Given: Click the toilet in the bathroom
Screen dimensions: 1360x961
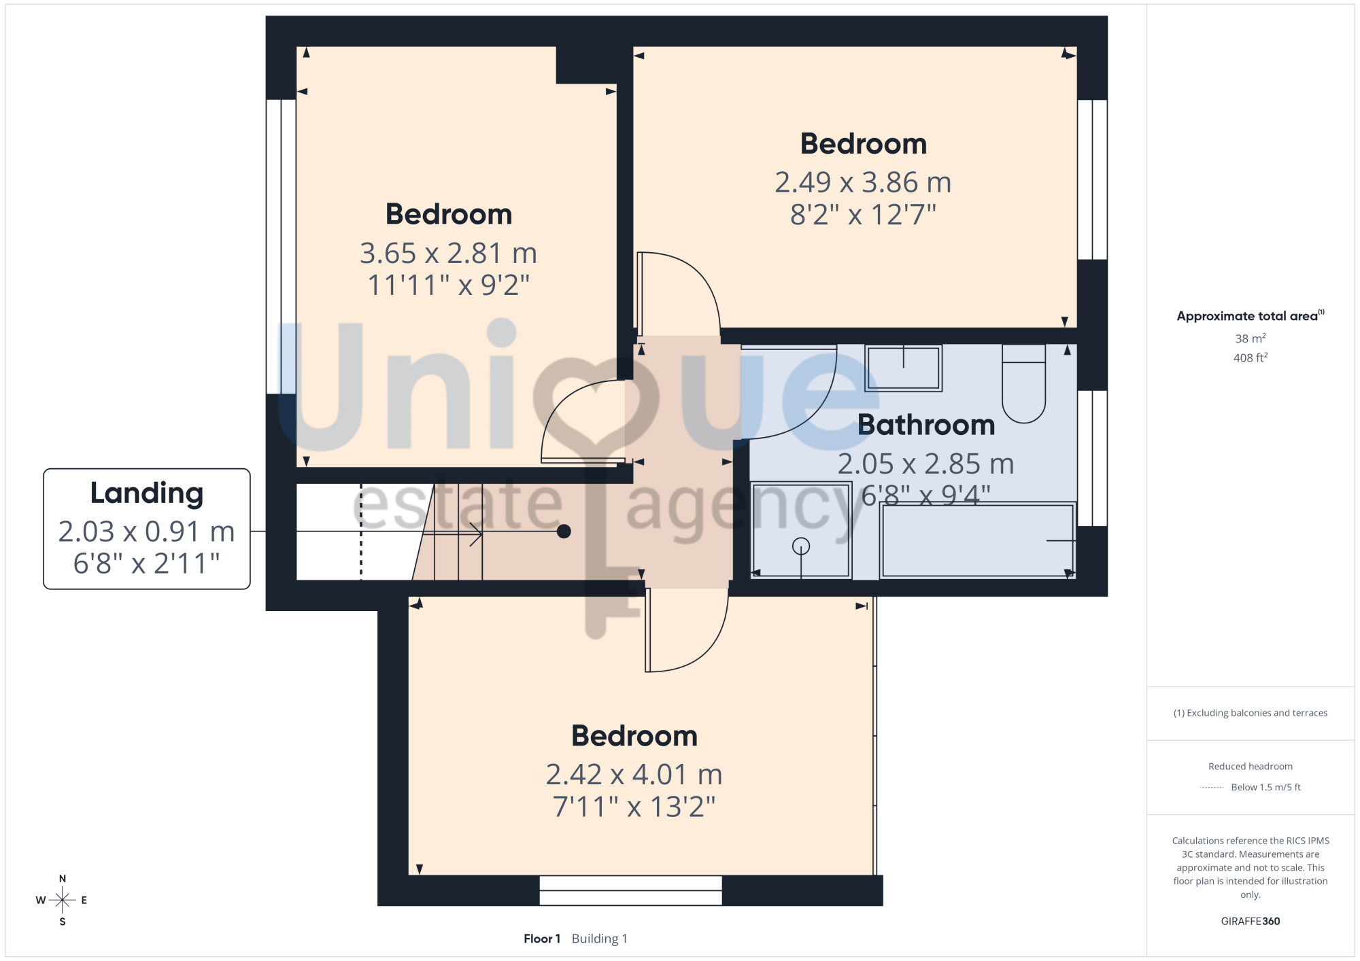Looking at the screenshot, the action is pyautogui.click(x=1023, y=383).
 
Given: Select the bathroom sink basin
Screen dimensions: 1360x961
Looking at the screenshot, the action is pyautogui.click(x=903, y=368).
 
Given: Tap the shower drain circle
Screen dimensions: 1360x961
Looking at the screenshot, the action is pyautogui.click(x=801, y=546).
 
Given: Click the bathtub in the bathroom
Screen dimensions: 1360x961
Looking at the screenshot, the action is pyautogui.click(x=977, y=540).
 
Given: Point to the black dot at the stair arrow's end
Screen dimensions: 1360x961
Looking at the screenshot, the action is pyautogui.click(x=564, y=531).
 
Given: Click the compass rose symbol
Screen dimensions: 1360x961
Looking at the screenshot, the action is pyautogui.click(x=62, y=901).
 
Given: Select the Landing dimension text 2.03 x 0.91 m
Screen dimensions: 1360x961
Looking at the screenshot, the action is pyautogui.click(x=147, y=531).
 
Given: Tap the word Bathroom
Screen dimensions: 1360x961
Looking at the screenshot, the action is pyautogui.click(x=926, y=425).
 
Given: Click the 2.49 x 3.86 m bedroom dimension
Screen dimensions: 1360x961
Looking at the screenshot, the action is pyautogui.click(x=863, y=182).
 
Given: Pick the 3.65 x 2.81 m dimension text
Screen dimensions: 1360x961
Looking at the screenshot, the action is pyautogui.click(x=448, y=253).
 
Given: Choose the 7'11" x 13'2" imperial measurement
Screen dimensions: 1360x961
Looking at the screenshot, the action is pyautogui.click(x=634, y=807).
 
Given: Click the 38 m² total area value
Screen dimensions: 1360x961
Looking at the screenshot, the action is pyautogui.click(x=1251, y=338).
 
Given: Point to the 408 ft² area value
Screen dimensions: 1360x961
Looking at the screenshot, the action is pyautogui.click(x=1251, y=357).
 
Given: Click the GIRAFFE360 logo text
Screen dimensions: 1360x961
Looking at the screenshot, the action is pyautogui.click(x=1251, y=922).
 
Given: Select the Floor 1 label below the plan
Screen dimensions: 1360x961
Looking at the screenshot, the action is pyautogui.click(x=542, y=939).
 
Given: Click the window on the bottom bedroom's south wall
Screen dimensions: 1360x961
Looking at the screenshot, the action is pyautogui.click(x=630, y=890).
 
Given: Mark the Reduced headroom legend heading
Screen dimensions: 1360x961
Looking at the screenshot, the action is pyautogui.click(x=1251, y=767).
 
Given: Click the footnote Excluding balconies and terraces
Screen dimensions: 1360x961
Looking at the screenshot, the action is pyautogui.click(x=1251, y=713).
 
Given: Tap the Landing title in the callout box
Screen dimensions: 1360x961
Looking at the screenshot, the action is pyautogui.click(x=147, y=493).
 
